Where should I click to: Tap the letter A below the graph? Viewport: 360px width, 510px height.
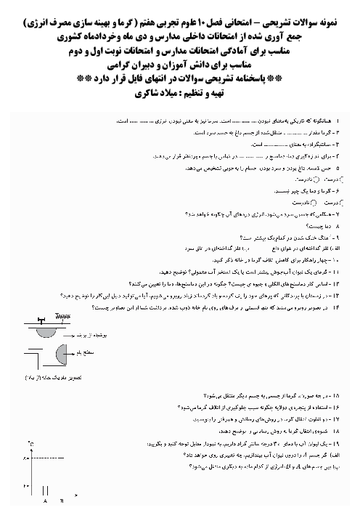[x=45, y=501]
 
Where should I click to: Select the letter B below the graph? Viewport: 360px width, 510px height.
[x=62, y=501]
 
